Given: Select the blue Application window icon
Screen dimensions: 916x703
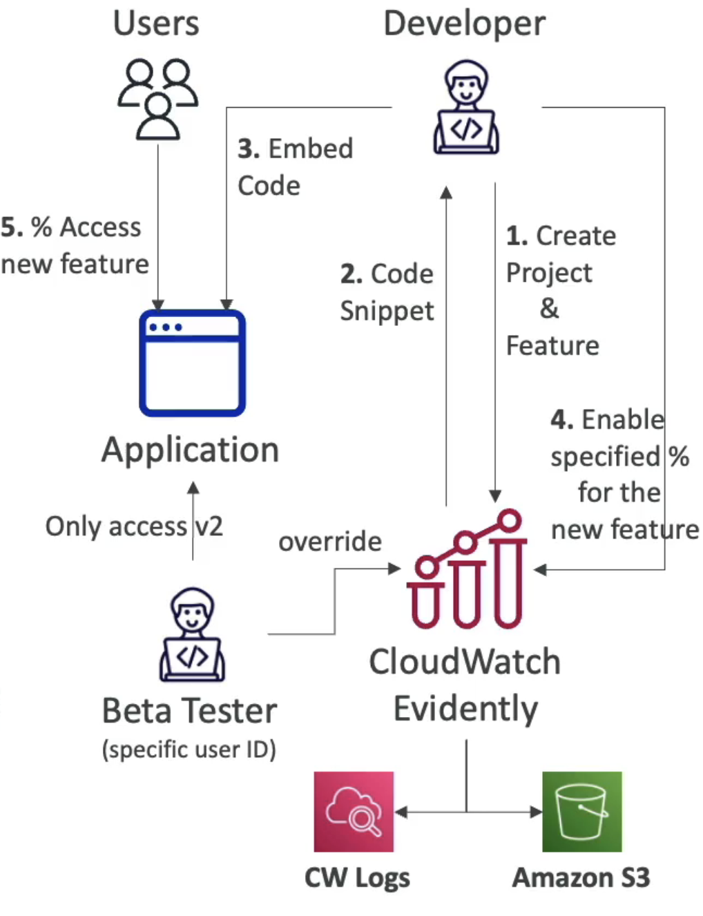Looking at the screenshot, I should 192,363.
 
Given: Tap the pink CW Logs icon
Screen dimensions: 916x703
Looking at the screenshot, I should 354,811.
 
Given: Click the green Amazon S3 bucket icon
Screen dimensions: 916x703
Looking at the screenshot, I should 581,811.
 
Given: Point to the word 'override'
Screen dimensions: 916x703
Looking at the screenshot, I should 329,542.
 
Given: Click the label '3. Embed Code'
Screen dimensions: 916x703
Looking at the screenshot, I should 295,167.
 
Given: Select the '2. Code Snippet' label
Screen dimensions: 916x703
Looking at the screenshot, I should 387,292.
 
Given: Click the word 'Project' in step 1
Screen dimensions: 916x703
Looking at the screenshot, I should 549,273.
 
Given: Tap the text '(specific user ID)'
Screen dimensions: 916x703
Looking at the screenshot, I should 189,750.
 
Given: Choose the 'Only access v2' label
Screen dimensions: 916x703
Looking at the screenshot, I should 134,526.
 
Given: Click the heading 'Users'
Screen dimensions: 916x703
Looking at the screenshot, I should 156,23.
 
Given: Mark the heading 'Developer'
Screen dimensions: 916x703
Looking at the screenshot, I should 464,23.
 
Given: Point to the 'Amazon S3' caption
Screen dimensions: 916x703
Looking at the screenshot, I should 581,877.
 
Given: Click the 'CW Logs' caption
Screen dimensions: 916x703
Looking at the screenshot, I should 357,877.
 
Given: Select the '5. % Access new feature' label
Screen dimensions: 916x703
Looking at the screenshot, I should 74,245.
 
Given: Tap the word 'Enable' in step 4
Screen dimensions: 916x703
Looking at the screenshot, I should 622,419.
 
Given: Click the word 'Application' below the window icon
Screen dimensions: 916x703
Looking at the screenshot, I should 190,450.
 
